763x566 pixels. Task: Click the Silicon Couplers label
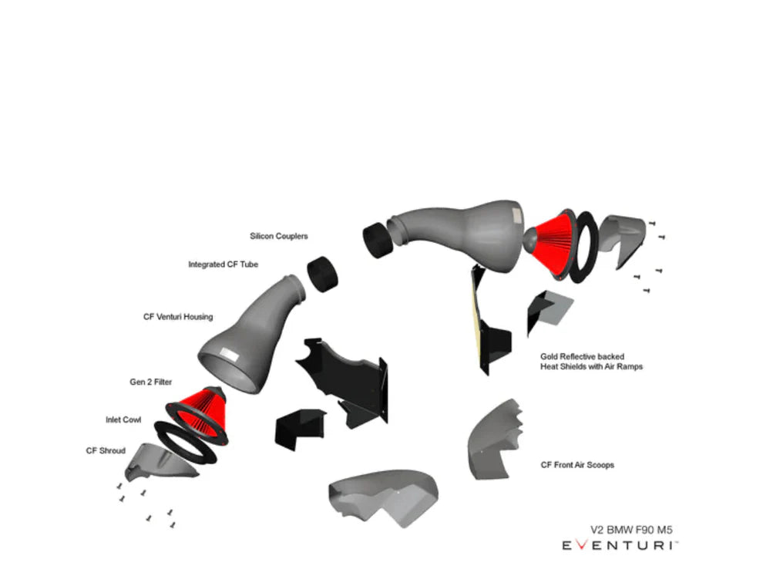point(279,236)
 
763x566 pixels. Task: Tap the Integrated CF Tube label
point(224,264)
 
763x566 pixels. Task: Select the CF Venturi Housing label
point(178,317)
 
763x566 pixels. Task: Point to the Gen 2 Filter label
point(151,382)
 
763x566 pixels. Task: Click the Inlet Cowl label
point(123,419)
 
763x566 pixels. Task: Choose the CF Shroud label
point(106,450)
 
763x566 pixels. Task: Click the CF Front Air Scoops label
point(577,465)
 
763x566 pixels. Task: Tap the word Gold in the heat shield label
point(550,357)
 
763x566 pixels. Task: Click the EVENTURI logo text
point(620,545)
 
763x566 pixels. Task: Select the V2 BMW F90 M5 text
point(632,530)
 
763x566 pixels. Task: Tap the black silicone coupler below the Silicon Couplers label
point(323,274)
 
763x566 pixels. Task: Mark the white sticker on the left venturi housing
point(229,354)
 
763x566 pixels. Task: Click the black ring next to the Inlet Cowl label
point(186,442)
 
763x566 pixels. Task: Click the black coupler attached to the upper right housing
point(378,241)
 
